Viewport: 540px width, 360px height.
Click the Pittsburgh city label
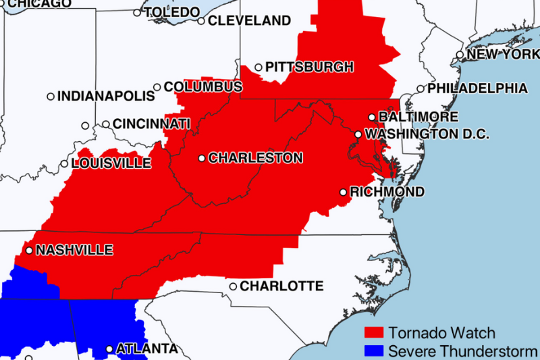pyautogui.click(x=309, y=67)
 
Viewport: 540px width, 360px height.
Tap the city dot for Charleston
pyautogui.click(x=202, y=158)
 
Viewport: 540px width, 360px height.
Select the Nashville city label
pyautogui.click(x=74, y=250)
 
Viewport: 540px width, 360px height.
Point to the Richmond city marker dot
pyautogui.click(x=344, y=192)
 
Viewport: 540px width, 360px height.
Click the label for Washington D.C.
pyautogui.click(x=427, y=134)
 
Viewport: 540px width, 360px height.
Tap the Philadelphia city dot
pyautogui.click(x=421, y=88)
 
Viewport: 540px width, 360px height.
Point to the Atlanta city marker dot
pyautogui.click(x=110, y=349)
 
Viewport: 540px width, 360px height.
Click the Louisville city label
pyautogui.click(x=111, y=163)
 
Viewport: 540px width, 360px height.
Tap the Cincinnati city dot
pyautogui.click(x=106, y=124)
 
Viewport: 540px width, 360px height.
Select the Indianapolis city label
pyautogui.click(x=106, y=97)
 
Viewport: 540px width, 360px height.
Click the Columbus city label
pyautogui.click(x=203, y=87)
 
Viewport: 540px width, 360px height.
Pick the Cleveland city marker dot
pyautogui.click(x=201, y=21)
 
